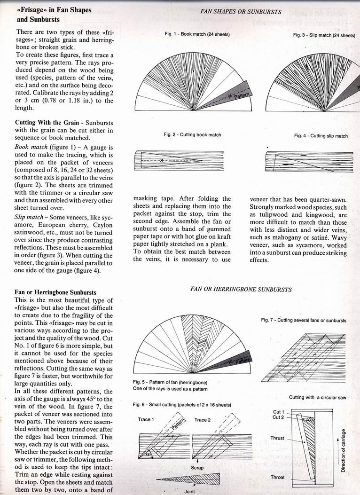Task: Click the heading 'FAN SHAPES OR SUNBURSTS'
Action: point(241,11)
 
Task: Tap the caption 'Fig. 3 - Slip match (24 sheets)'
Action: point(324,35)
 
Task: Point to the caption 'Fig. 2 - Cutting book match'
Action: point(192,135)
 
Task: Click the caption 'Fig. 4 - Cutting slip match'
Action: point(321,136)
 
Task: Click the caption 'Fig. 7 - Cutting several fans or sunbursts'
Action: point(304,320)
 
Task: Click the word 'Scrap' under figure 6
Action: point(197,468)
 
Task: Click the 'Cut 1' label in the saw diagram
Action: point(278,412)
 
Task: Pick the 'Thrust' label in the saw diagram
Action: point(277,438)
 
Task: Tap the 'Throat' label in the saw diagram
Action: point(277,477)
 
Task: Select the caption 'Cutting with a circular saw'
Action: point(318,398)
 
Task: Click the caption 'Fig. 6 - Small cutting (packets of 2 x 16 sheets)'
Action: point(184,404)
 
